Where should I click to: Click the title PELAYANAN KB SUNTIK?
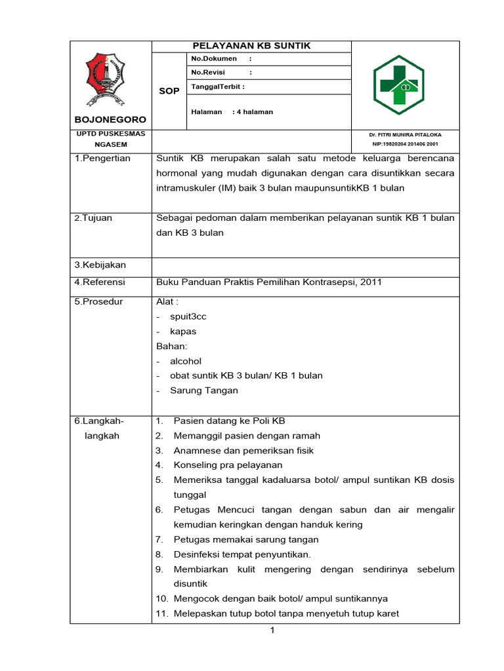[x=251, y=46]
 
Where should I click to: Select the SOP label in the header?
[x=169, y=91]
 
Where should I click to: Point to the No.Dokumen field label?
[x=214, y=59]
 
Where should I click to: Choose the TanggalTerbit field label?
[x=218, y=86]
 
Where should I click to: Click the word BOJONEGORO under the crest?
[x=110, y=120]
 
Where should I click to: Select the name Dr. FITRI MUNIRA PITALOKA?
[x=405, y=134]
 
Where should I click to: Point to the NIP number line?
[x=405, y=144]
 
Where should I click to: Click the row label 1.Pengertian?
[x=102, y=159]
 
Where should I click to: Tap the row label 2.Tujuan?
[x=93, y=218]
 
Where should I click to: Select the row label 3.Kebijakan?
[x=100, y=265]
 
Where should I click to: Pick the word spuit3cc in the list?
[x=188, y=316]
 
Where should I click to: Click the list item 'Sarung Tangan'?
[x=204, y=391]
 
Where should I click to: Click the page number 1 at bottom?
[x=272, y=631]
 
